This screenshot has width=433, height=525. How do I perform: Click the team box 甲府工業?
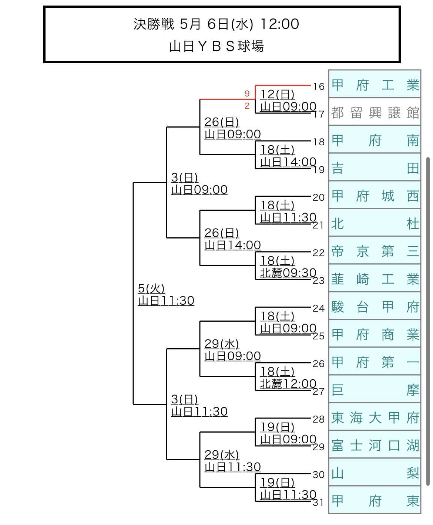375,85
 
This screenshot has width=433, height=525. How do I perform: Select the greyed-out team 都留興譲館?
375,112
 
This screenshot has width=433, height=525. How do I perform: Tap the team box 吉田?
375,168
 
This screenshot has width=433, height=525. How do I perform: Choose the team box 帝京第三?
375,251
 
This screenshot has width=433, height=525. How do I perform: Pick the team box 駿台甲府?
375,306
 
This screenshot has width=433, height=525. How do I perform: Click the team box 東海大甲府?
375,417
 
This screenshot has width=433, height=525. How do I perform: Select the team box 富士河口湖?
375,445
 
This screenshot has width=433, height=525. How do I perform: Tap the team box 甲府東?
375,501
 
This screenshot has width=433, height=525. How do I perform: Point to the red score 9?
247,94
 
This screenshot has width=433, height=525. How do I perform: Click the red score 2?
247,106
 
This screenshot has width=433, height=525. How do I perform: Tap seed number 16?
319,87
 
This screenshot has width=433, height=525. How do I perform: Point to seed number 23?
319,281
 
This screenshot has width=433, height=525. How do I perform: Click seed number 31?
319,502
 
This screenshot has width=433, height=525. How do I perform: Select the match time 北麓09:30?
288,273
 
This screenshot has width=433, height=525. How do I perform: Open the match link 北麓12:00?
288,384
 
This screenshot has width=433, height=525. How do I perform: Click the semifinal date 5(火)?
151,288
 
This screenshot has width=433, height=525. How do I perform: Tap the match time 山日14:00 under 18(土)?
288,162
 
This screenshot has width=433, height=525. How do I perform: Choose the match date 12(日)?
277,94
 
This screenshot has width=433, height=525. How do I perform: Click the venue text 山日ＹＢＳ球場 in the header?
216,46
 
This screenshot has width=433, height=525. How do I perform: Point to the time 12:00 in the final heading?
280,24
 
